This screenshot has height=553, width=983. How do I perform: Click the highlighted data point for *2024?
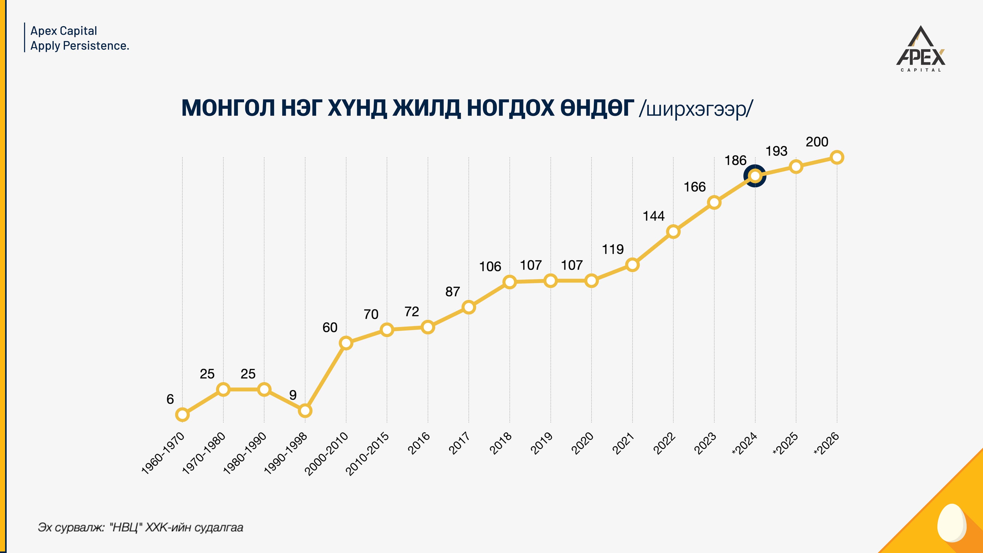pyautogui.click(x=755, y=176)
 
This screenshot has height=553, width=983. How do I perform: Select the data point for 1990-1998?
pyautogui.click(x=305, y=411)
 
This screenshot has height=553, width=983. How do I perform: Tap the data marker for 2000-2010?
pyautogui.click(x=346, y=343)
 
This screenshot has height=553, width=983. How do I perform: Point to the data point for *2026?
pyautogui.click(x=837, y=157)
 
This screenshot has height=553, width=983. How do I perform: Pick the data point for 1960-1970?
pyautogui.click(x=183, y=414)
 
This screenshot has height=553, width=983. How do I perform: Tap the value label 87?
pyautogui.click(x=453, y=292)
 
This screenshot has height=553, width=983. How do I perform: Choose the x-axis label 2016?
pyautogui.click(x=419, y=443)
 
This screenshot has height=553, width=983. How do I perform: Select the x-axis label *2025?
pyautogui.click(x=785, y=444)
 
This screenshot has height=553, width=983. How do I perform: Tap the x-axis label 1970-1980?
pyautogui.click(x=204, y=454)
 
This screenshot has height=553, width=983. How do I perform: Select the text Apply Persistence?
pyautogui.click(x=80, y=46)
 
